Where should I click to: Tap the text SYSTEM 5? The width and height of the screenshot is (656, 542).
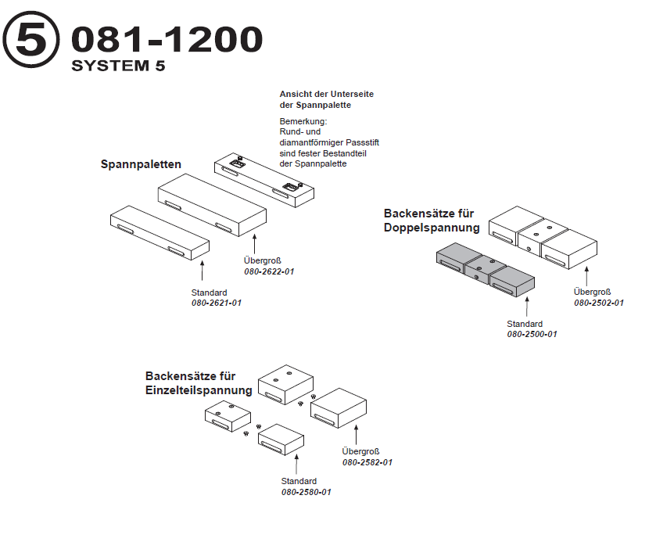pos(118,66)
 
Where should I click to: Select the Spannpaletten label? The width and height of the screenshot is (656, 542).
pos(141,164)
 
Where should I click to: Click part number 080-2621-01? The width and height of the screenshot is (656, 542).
pos(217,303)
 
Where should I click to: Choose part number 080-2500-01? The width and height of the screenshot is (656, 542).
pos(532,334)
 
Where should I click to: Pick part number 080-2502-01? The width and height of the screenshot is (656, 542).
pos(599,303)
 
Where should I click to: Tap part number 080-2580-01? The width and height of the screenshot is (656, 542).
pos(306,492)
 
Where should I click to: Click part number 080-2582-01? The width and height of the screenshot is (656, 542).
pos(367,462)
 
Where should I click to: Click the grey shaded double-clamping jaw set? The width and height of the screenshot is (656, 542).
pos(485,271)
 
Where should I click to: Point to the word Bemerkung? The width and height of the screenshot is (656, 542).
pos(303,123)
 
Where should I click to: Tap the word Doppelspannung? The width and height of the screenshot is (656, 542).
pos(432,228)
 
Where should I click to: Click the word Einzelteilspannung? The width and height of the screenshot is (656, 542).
pos(199,390)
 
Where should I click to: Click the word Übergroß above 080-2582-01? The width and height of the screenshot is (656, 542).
pos(360,451)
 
